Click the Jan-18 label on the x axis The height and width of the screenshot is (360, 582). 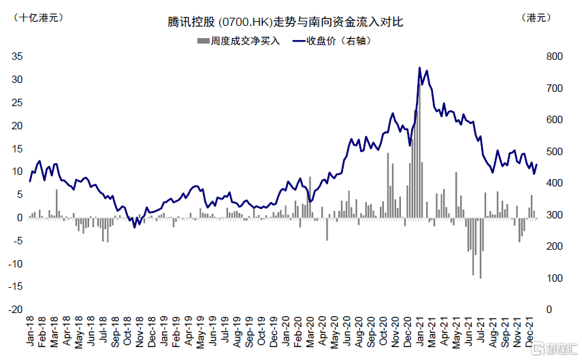click(x=31, y=332)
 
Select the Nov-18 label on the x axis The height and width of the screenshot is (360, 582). click(x=140, y=332)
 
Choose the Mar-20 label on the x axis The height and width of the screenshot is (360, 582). click(x=310, y=332)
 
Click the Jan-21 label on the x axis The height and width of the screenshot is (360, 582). click(x=421, y=332)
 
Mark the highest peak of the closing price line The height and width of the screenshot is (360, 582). click(x=419, y=68)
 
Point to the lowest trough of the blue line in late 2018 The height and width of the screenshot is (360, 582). click(x=135, y=227)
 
